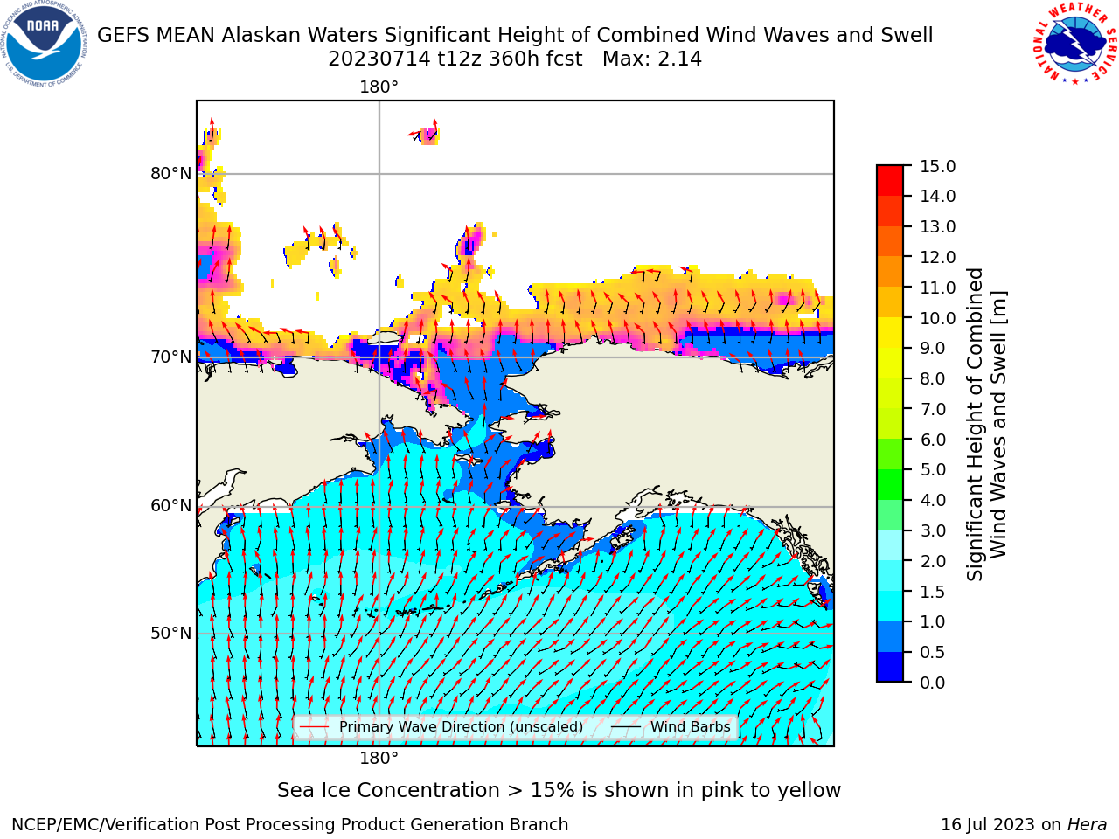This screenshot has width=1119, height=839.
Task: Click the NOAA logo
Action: (x=45, y=44)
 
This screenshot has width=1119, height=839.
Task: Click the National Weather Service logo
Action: (x=1075, y=44)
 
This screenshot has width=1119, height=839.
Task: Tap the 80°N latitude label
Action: (x=170, y=174)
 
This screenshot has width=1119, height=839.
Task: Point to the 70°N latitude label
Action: (x=170, y=357)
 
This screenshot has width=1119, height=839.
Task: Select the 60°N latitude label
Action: (x=170, y=506)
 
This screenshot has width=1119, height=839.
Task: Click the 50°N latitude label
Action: (x=170, y=634)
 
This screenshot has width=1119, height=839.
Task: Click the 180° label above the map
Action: (x=379, y=87)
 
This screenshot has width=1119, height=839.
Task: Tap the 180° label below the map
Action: (x=379, y=759)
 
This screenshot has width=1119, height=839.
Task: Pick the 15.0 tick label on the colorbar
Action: (x=937, y=166)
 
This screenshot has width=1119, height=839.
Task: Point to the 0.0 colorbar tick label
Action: (x=933, y=683)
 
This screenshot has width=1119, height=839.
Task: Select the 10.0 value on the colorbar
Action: (x=937, y=318)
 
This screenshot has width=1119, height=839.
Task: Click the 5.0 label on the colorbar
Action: (x=933, y=469)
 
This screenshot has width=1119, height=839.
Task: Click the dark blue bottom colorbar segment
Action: (x=890, y=667)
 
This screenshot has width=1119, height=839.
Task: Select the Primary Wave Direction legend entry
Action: (x=441, y=726)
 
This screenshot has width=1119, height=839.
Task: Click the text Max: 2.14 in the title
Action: (x=652, y=59)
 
